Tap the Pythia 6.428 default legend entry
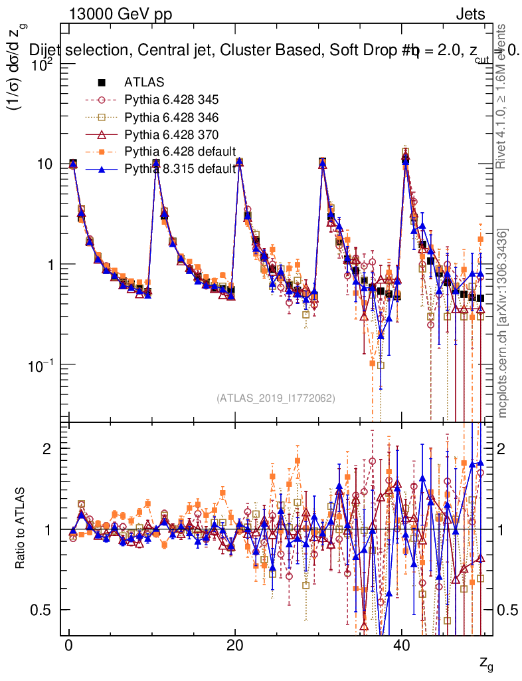[x=180, y=152]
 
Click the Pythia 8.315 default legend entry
[x=180, y=169]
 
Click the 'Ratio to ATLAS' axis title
[x=21, y=529]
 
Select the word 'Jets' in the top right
[x=470, y=15]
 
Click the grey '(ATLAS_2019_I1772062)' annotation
[x=275, y=398]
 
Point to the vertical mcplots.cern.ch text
[x=503, y=323]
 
